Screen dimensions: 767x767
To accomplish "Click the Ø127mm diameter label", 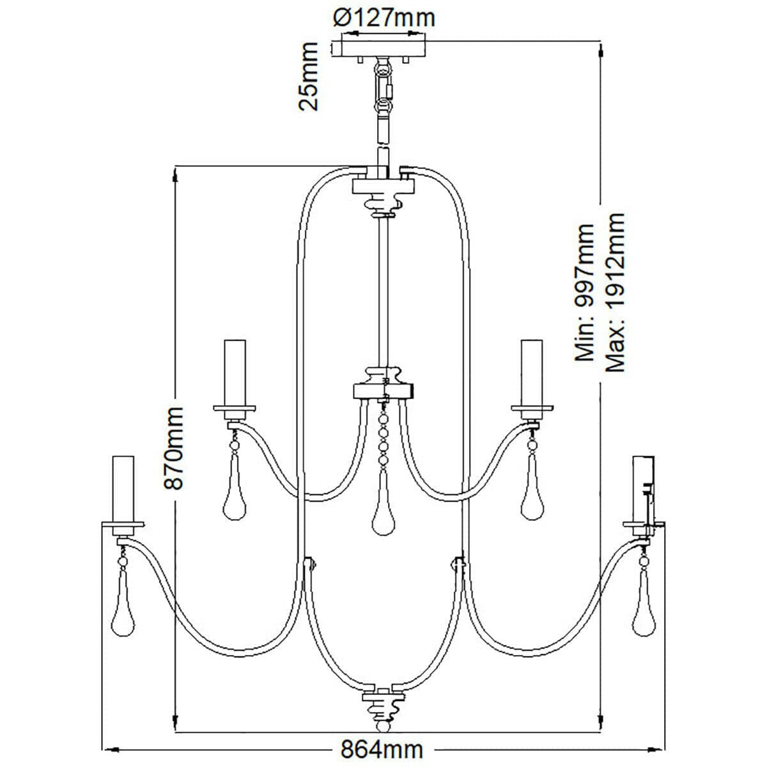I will pyautogui.click(x=385, y=17).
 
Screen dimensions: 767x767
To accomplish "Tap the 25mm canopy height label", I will pyautogui.click(x=309, y=76).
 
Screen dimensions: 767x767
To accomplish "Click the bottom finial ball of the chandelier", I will pyautogui.click(x=383, y=727).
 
